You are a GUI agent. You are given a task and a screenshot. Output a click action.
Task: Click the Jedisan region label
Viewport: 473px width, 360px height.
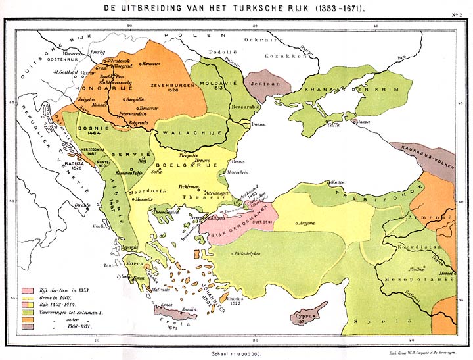pyautogui.click(x=259, y=84)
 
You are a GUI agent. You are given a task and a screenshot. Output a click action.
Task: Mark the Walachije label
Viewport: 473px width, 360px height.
pyautogui.click(x=189, y=131)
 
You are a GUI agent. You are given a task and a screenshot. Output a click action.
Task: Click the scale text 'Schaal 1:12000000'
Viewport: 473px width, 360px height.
pyautogui.click(x=236, y=354)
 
